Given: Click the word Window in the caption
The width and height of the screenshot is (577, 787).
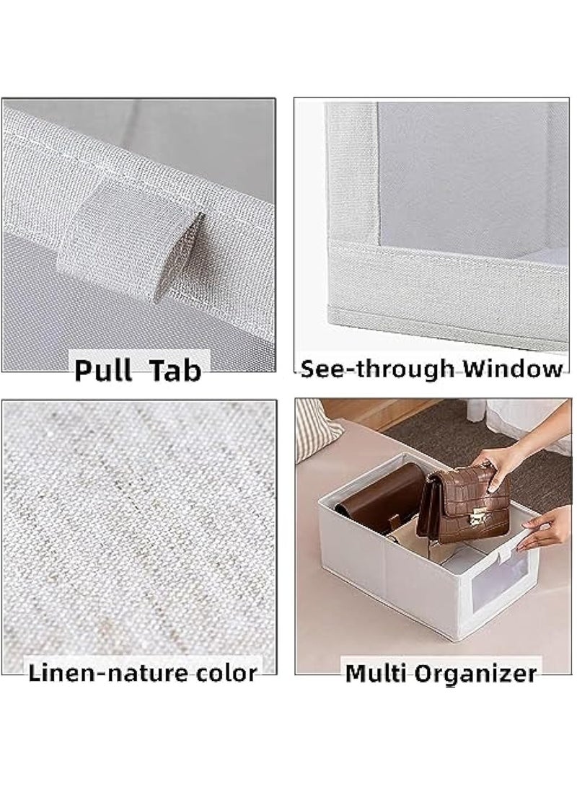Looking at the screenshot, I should coord(513,369).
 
